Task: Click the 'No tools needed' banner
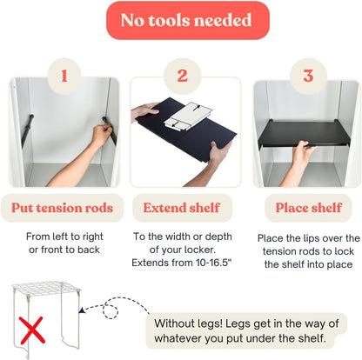point(188,20)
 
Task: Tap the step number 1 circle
point(64,76)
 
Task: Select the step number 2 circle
point(183,76)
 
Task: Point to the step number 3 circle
point(308,76)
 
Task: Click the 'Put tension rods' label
point(62,208)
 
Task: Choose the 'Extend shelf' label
point(182,208)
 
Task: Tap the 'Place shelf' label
point(309,208)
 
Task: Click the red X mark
point(32,330)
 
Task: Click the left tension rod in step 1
point(28,130)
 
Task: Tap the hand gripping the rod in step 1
point(102,135)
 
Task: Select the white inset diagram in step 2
point(188,117)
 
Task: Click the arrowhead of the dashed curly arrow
point(82,310)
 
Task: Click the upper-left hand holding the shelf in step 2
point(144,110)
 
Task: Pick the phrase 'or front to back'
point(64,250)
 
